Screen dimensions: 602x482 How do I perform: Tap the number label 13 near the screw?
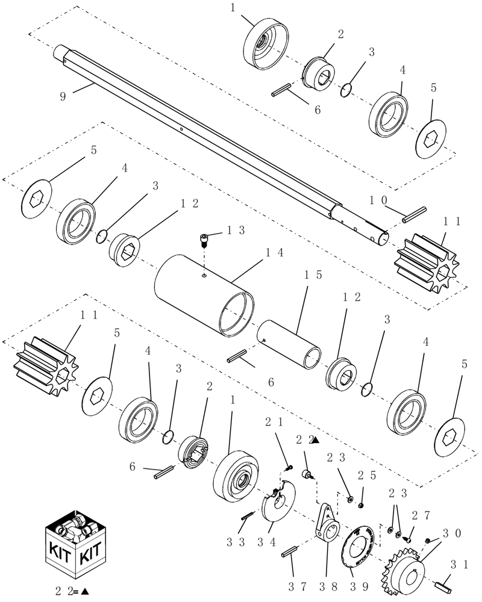click(x=236, y=231)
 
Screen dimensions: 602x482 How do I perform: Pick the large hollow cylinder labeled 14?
click(x=205, y=291)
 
